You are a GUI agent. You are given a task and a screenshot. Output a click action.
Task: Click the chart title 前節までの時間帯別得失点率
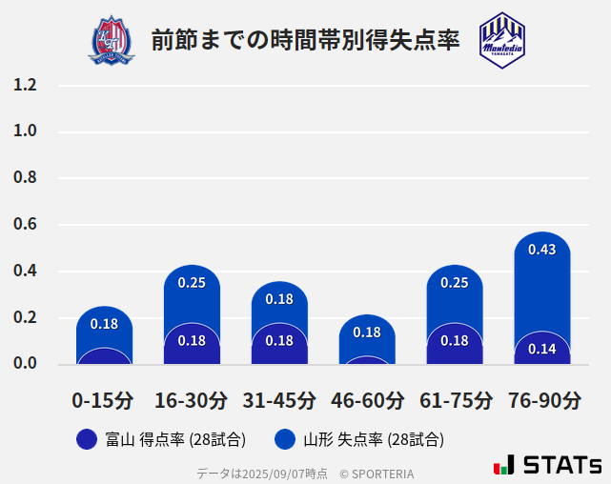(x=305, y=40)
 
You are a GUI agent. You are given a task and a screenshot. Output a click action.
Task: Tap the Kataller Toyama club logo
(x=112, y=40)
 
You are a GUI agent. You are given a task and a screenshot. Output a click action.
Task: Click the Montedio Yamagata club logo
(x=501, y=40)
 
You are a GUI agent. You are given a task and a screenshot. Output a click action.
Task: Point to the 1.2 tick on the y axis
(x=26, y=86)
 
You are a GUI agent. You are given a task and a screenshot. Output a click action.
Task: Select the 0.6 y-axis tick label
(x=26, y=225)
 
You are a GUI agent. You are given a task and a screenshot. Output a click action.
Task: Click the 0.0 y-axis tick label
(x=26, y=363)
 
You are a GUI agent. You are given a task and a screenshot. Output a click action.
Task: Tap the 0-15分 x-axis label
(x=103, y=400)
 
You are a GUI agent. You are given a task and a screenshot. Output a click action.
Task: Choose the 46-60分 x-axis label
(x=367, y=400)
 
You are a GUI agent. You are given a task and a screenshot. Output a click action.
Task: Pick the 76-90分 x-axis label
(x=542, y=400)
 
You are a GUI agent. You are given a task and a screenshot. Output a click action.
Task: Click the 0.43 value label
(x=541, y=250)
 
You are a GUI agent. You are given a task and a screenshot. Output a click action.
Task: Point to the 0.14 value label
(x=541, y=349)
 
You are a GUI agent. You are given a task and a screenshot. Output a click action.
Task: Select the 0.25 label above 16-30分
(x=192, y=283)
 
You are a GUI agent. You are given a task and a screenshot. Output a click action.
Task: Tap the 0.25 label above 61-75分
(x=454, y=283)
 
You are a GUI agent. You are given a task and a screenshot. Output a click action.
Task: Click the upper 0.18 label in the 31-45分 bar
(x=279, y=299)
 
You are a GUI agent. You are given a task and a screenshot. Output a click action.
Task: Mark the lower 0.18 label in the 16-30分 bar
(x=192, y=340)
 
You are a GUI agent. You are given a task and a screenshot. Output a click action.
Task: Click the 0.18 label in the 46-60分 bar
(x=367, y=333)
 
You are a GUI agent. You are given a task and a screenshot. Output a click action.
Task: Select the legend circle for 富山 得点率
(x=87, y=440)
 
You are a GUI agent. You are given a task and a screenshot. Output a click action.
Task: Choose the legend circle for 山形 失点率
(x=285, y=440)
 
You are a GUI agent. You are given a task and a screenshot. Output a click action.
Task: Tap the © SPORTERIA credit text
(x=377, y=473)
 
